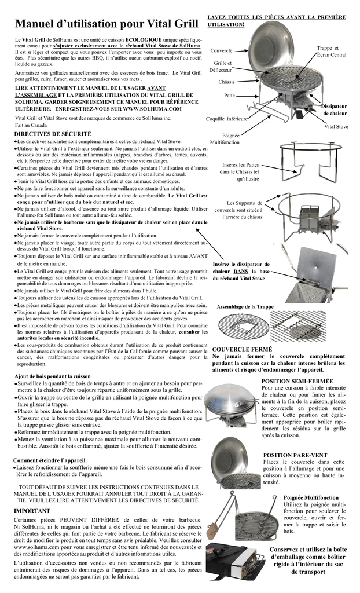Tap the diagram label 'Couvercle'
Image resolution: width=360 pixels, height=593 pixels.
[x=221, y=51]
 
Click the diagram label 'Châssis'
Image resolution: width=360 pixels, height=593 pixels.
[x=226, y=82]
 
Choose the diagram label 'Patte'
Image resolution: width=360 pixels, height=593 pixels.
[x=229, y=96]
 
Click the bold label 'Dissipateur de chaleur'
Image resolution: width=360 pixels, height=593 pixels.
[x=334, y=109]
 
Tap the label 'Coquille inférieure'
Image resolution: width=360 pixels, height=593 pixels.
[x=226, y=119]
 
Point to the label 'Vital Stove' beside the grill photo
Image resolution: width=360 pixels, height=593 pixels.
[x=336, y=126]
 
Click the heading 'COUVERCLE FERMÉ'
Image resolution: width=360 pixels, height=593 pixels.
[x=242, y=349]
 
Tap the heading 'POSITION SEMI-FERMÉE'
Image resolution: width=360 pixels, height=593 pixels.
[x=297, y=381]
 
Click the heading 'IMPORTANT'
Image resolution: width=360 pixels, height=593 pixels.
[x=32, y=511]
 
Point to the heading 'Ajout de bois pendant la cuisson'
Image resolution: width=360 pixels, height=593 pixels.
[x=53, y=376]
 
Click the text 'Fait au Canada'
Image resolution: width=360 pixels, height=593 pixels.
[x=31, y=125]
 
